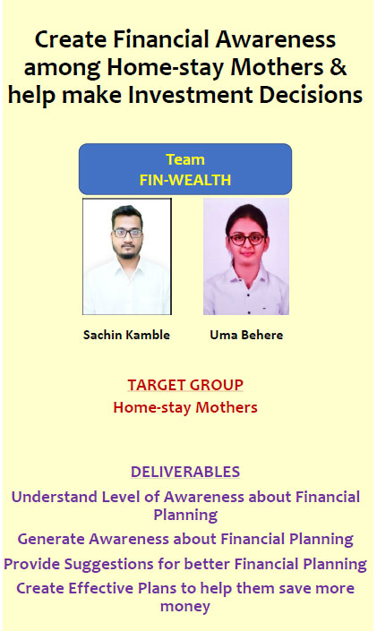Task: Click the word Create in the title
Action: tap(71, 40)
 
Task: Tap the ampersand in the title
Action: tap(338, 67)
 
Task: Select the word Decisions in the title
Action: tap(311, 95)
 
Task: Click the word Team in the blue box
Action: tap(185, 159)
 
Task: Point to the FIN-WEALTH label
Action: tap(185, 180)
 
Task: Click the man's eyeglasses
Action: tap(128, 233)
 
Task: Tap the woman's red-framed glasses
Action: tap(247, 240)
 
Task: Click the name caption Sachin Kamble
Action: tap(126, 335)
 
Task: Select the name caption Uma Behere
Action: tap(246, 335)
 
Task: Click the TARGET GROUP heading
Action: tap(185, 385)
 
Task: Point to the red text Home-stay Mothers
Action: tap(185, 407)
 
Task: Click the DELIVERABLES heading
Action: tap(185, 472)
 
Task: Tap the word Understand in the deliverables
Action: tap(55, 497)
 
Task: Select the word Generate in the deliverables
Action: tap(51, 539)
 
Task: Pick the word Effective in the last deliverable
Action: tap(101, 588)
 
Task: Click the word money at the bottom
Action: tap(185, 607)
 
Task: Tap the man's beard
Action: tap(127, 252)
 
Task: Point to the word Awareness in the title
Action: tap(276, 40)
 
